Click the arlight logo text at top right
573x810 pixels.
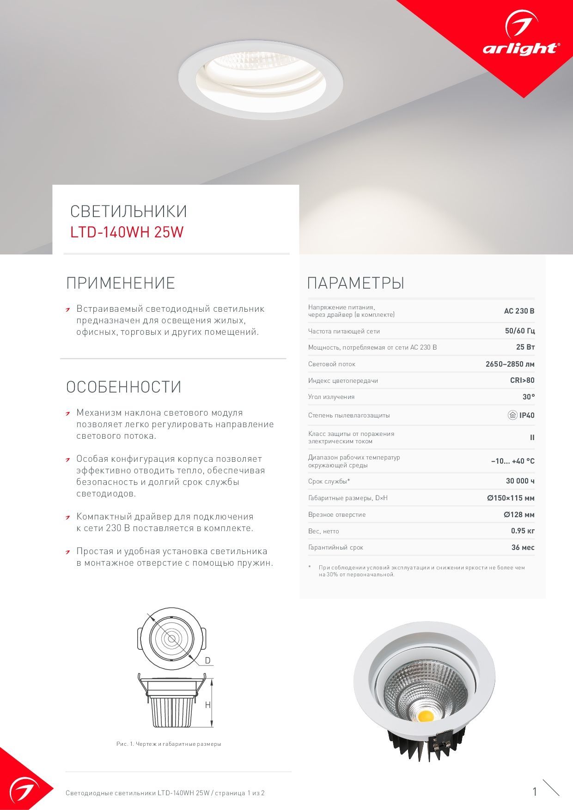[x=521, y=48]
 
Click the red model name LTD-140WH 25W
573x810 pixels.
[x=127, y=232]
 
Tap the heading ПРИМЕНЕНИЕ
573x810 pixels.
[x=121, y=283]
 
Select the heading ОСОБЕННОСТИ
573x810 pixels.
[x=123, y=387]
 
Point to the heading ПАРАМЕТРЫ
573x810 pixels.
[x=356, y=283]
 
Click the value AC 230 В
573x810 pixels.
[x=519, y=311]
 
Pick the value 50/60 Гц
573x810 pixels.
[x=519, y=331]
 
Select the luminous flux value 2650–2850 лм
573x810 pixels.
[x=510, y=364]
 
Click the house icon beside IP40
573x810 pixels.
[x=512, y=415]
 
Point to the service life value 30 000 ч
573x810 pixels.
[x=520, y=481]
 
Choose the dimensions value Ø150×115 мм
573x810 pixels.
[x=511, y=498]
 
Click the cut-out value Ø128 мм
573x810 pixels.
[x=519, y=515]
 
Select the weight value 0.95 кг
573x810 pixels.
[x=523, y=531]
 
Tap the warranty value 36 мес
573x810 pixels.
[x=523, y=548]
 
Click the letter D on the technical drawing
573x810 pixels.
[x=207, y=661]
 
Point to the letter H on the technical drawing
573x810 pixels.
[x=207, y=705]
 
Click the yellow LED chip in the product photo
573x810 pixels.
[x=425, y=716]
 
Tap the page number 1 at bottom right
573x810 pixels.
[x=535, y=792]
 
